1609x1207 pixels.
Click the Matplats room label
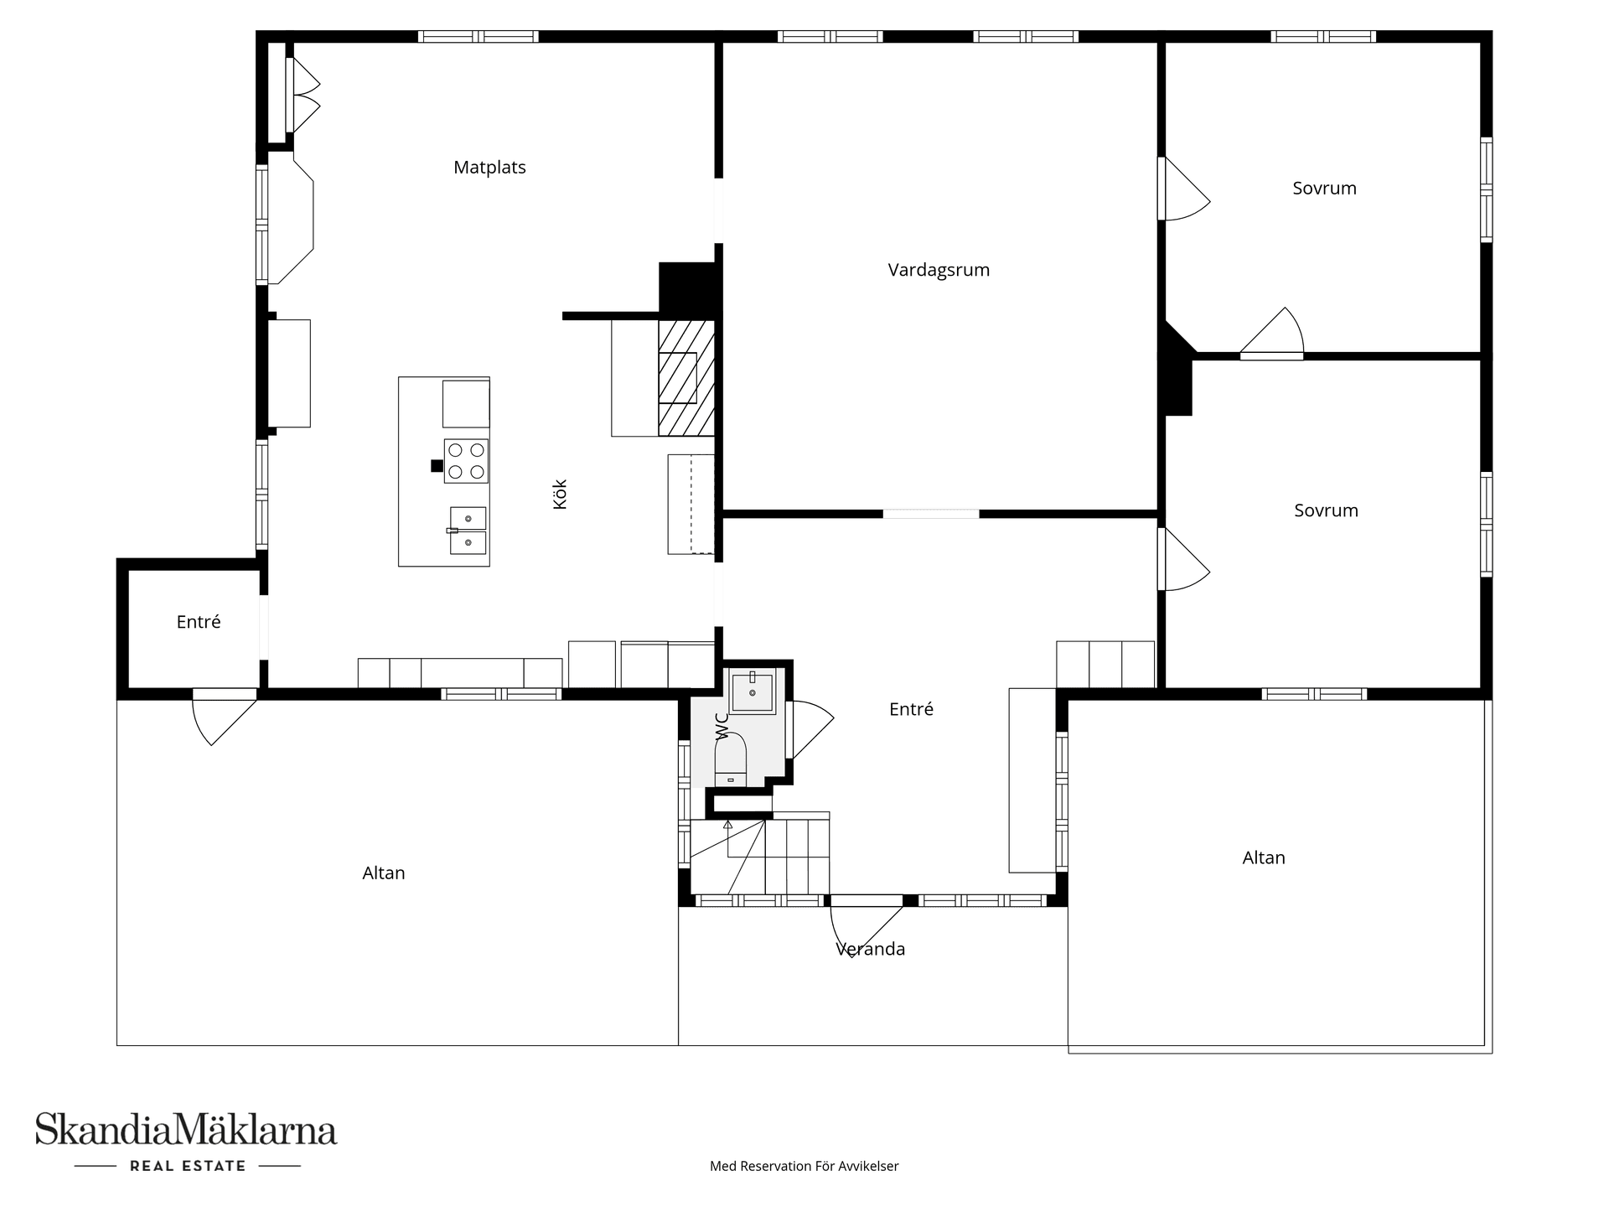coord(489,168)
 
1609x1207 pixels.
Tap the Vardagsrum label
coord(939,270)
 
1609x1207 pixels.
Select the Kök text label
coord(561,494)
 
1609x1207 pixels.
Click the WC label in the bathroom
coord(722,726)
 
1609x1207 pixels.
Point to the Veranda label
coord(870,949)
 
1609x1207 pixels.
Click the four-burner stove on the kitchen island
coord(466,460)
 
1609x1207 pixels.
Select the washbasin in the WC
coord(752,692)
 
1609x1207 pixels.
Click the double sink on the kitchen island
coord(468,531)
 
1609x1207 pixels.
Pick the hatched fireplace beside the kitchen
coord(686,378)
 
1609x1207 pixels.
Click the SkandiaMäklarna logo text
coord(186,1130)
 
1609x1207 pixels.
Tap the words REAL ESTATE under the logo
coord(188,1166)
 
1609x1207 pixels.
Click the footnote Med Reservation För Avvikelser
coord(804,1166)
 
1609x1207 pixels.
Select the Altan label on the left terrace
coord(384,873)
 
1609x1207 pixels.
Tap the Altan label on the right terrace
coord(1264,858)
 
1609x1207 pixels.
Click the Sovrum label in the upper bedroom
coord(1324,189)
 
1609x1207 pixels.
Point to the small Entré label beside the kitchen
coord(199,622)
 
